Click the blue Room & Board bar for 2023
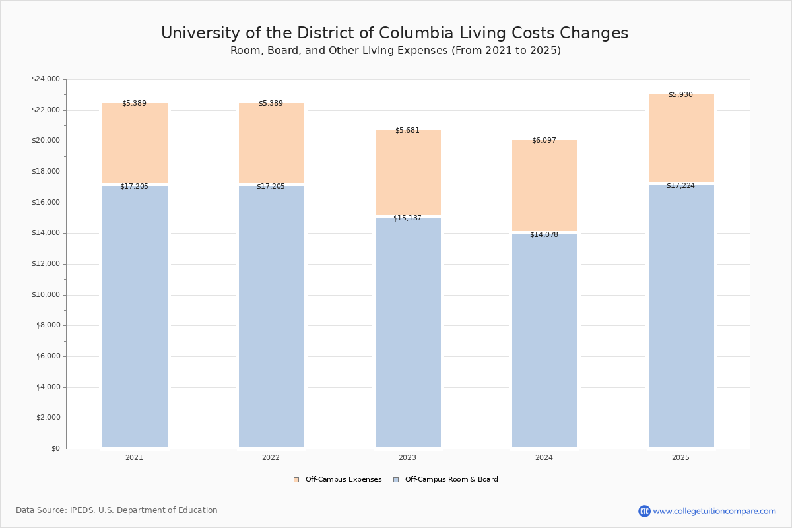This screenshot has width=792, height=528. point(408,333)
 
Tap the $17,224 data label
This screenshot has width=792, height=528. point(680,186)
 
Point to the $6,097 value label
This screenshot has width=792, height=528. point(544,141)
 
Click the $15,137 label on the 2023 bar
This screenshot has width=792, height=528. point(407,218)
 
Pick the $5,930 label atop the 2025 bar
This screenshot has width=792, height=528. point(680,95)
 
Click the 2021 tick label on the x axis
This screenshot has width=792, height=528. point(134,458)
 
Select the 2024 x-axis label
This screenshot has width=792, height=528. point(544,458)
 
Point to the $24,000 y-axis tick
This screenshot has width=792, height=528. point(46,79)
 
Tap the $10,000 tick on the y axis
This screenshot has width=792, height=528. point(46,295)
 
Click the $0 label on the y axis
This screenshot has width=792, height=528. point(55,449)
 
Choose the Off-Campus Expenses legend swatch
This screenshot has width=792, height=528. point(296,480)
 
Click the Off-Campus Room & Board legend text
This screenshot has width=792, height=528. point(451,480)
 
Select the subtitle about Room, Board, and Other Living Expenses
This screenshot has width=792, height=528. point(395,51)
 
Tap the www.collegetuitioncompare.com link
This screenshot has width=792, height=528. point(714,511)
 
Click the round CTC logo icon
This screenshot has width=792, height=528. point(644,511)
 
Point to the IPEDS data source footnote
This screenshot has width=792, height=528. point(117,510)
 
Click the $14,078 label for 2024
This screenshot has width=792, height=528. point(544,235)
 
